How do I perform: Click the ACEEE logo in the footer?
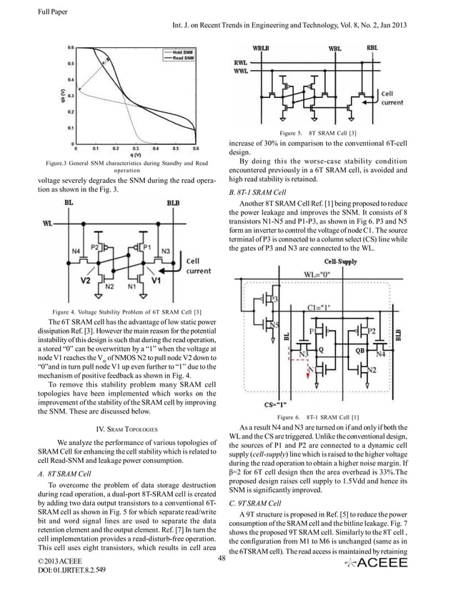coord(377,564)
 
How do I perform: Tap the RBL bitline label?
coord(372,47)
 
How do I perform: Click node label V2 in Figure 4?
coord(86,280)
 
